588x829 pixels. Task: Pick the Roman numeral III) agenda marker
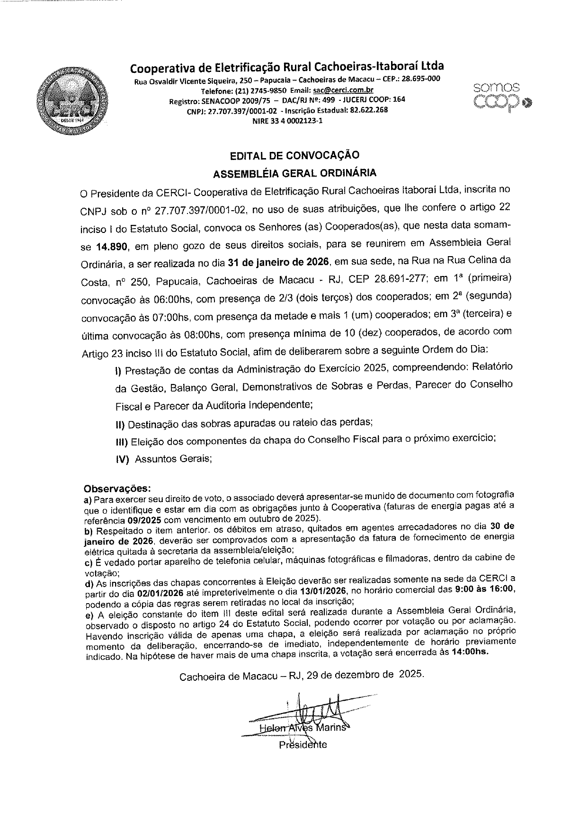pos(122,442)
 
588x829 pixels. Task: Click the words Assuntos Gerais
pos(172,459)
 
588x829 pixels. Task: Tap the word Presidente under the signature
pos(303,744)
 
